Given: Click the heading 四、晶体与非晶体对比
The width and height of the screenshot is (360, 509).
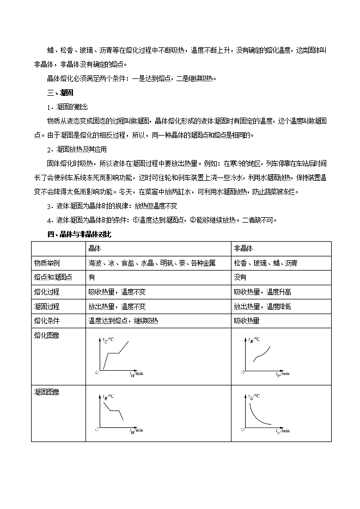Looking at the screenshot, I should click(x=80, y=234).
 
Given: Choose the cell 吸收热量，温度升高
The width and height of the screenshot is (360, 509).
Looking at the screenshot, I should click(x=263, y=292).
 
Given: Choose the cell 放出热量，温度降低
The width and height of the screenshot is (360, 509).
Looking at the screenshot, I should click(x=263, y=306).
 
